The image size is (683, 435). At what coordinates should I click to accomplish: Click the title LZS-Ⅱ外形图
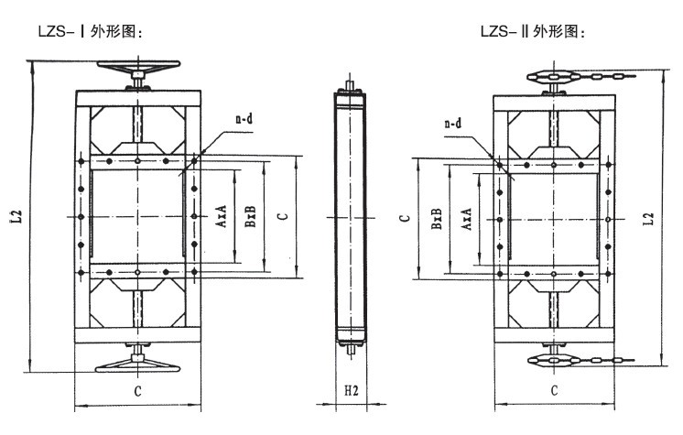pyautogui.click(x=532, y=31)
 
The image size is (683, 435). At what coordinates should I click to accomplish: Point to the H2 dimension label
pyautogui.click(x=351, y=390)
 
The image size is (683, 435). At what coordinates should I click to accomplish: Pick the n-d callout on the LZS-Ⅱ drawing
pyautogui.click(x=451, y=124)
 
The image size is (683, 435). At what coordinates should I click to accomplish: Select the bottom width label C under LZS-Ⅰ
pyautogui.click(x=137, y=391)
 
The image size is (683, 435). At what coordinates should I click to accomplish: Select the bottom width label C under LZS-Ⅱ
pyautogui.click(x=555, y=391)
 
